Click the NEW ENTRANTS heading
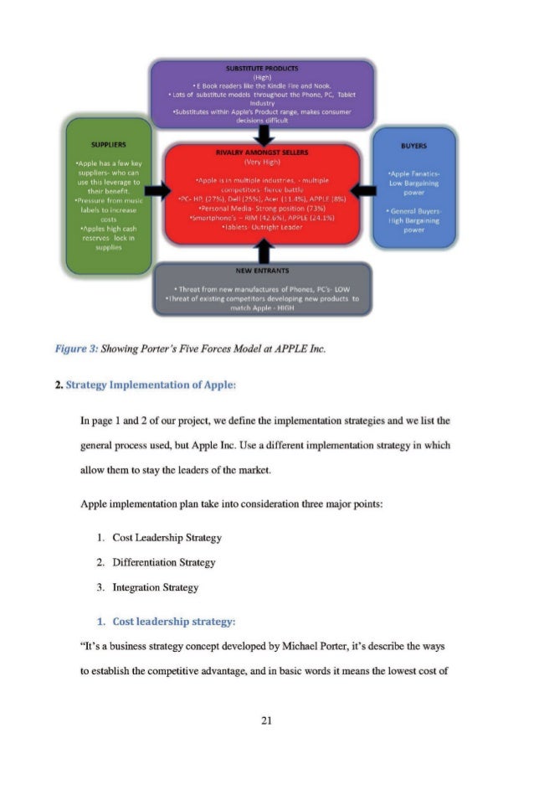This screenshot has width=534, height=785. [x=262, y=271]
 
